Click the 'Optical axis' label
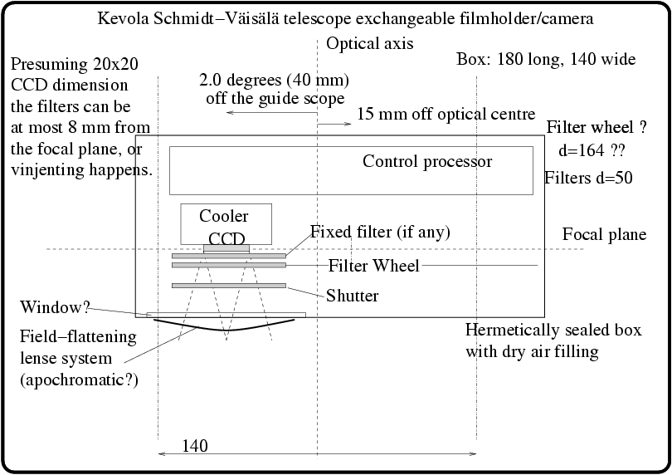pyautogui.click(x=370, y=43)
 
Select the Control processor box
pyautogui.click(x=351, y=170)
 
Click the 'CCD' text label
pyautogui.click(x=226, y=239)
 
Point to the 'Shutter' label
pyautogui.click(x=353, y=296)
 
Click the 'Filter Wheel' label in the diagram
pyautogui.click(x=374, y=266)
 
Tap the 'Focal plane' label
pyautogui.click(x=604, y=234)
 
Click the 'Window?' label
pyautogui.click(x=55, y=307)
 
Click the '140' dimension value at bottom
pyautogui.click(x=194, y=447)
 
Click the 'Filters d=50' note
pyautogui.click(x=590, y=178)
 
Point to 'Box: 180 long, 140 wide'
pyautogui.click(x=546, y=59)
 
